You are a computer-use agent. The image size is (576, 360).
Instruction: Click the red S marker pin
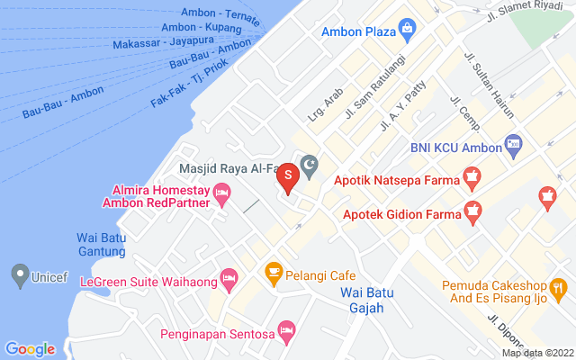point(287,175)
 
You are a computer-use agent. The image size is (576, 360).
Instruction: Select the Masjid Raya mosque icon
point(310,166)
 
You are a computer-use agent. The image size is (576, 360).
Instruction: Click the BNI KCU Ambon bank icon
point(513,143)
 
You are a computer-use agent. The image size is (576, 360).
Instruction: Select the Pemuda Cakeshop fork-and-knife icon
point(558,287)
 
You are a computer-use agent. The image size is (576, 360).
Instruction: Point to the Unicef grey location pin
point(18,275)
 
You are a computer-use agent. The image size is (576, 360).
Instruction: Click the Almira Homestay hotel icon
point(223,192)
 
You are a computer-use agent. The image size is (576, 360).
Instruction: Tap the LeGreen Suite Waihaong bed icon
point(229,277)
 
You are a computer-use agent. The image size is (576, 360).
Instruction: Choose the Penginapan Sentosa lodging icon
point(286,330)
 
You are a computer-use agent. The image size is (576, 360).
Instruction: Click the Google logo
point(30,349)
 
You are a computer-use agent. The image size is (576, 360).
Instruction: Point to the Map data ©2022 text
point(537,353)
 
